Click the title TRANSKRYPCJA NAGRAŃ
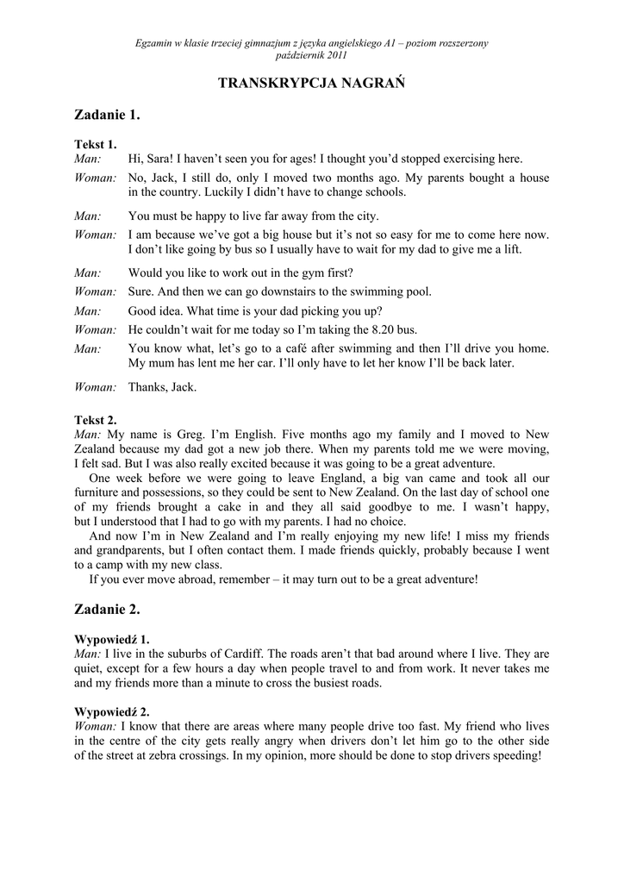coord(311,83)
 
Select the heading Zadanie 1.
coord(107,115)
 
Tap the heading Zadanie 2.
coord(107,610)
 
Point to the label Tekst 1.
coord(95,145)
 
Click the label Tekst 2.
coord(95,420)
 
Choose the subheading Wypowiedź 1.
coord(112,639)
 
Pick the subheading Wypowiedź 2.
coord(112,711)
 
